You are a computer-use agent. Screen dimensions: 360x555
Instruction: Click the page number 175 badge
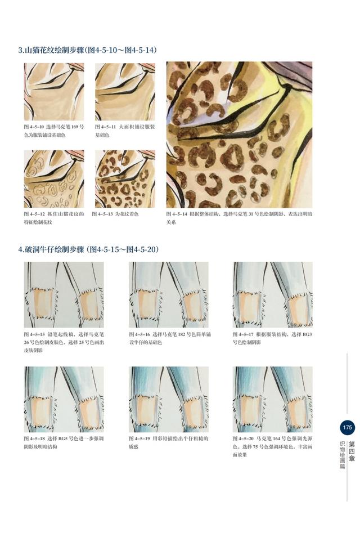tap(347, 427)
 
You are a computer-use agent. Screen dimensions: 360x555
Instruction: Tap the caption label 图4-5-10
tap(34, 127)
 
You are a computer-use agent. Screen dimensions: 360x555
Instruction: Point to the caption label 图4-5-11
tap(105, 127)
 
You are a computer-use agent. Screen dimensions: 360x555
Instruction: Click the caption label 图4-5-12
tap(34, 214)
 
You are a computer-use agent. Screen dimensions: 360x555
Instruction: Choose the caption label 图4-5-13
tap(102, 214)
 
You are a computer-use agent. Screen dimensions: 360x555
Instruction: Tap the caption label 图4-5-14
tap(177, 214)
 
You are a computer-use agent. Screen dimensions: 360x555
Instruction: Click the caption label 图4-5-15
tap(34, 334)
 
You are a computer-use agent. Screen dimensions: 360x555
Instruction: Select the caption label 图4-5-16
tap(139, 334)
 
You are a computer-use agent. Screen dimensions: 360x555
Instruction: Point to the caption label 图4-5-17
tap(243, 334)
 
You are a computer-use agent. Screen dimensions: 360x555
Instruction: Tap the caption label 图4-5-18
tap(34, 438)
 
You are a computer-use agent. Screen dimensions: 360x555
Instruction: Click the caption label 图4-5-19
tap(139, 438)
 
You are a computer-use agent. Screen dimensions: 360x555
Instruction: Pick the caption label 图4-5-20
tap(243, 438)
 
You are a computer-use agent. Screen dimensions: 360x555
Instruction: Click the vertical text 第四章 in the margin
tap(352, 451)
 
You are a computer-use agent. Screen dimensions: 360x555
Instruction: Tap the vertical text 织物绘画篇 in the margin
tap(342, 455)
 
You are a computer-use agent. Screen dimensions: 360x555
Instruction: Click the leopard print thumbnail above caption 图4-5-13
tap(125, 179)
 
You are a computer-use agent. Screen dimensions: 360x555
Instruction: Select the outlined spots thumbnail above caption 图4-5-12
tap(54, 179)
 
